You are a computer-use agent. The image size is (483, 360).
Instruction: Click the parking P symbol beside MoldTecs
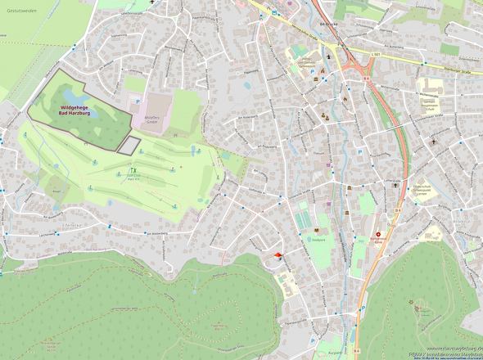(138, 101)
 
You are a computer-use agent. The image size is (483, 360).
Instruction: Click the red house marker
(278, 256)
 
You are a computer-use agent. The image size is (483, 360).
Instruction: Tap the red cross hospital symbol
(378, 235)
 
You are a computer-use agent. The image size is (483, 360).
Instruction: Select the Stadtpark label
(319, 241)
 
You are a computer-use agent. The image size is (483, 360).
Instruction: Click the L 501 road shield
(376, 55)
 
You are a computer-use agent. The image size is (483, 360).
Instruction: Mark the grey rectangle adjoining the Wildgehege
(128, 146)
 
